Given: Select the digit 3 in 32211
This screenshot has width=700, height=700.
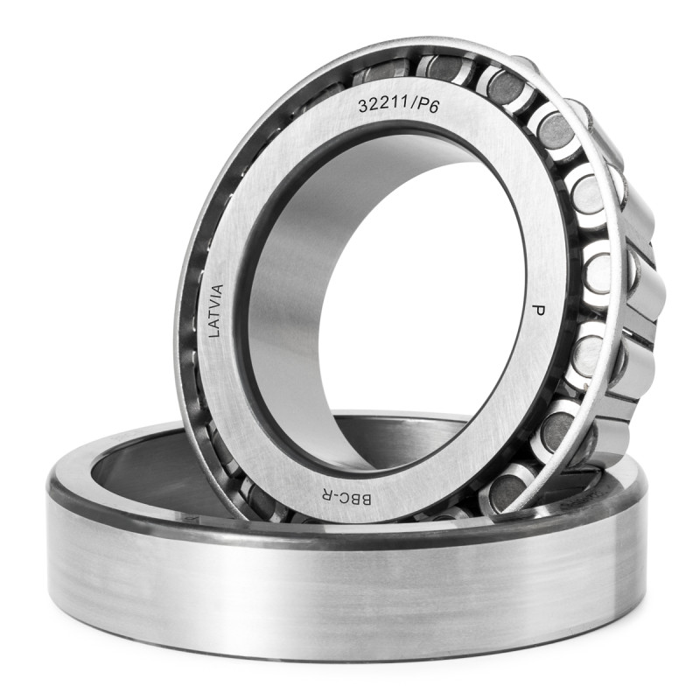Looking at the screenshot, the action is coord(363,106).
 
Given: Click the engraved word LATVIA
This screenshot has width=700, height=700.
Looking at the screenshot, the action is coord(215,311).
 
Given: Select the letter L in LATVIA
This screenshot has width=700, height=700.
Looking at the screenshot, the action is coord(216,333).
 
